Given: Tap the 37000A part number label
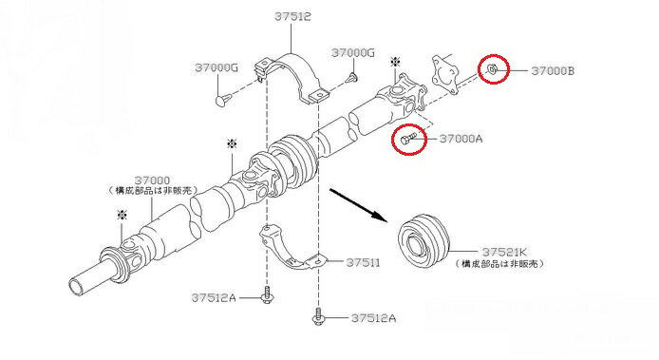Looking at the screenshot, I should tap(461, 139).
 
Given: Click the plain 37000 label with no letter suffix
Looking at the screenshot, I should tap(152, 180).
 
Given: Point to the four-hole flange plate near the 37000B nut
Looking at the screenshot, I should tap(439, 72).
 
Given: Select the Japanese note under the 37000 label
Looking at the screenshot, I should tap(151, 191).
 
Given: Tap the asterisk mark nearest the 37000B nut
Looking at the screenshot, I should tap(395, 63).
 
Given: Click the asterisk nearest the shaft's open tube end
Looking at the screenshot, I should tap(121, 216).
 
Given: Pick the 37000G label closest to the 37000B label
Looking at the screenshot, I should tap(353, 51).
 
